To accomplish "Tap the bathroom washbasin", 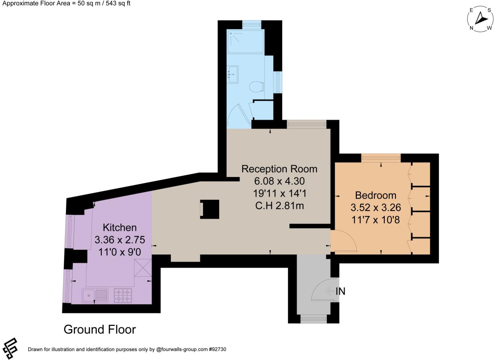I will pos(233,75).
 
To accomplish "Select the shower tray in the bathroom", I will pos(245,41).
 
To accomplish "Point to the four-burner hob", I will pos(123,296).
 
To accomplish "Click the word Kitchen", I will pos(120,227).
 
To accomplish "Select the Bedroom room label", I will pos(375,195).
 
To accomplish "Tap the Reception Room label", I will pos(279,169).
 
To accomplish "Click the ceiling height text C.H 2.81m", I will pos(279,206).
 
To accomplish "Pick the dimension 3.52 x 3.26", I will pos(376,207).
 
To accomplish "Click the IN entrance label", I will pos(340,291).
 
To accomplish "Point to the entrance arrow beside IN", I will pos(330,291).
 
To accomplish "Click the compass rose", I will pos(480,19).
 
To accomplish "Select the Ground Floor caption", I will pos(100,330).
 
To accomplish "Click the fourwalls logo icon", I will pos(9,348).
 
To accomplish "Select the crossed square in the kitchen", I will pos(143,268).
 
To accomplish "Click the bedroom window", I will pos(381,158).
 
